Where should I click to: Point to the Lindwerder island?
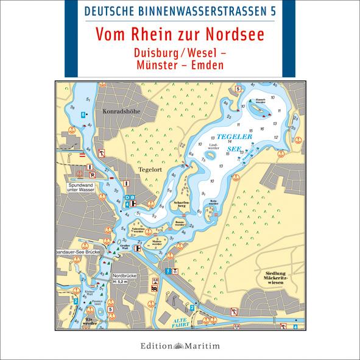tap(211, 152)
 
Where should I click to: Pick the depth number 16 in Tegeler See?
tap(263, 129)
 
